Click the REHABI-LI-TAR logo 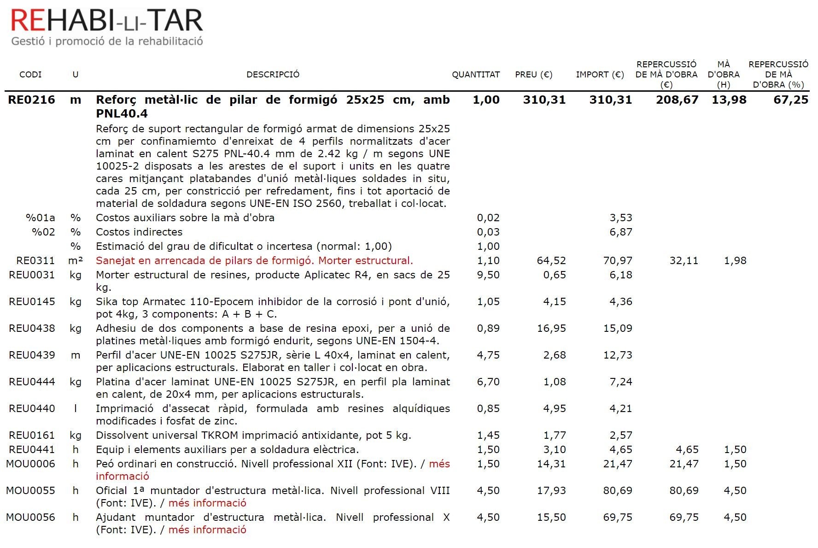(x=107, y=26)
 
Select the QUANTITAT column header (x=475, y=75)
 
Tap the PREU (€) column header (x=533, y=75)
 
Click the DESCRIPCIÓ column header (x=273, y=75)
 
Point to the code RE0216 (x=31, y=100)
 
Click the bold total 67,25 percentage (x=790, y=100)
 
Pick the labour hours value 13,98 (x=729, y=100)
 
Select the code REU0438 (x=32, y=328)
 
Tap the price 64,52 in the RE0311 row (x=551, y=260)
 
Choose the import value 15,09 (x=617, y=328)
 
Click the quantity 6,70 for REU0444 (x=488, y=382)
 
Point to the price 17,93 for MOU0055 (x=551, y=490)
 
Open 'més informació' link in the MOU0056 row (x=207, y=530)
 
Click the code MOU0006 (x=30, y=464)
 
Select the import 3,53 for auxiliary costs (x=620, y=218)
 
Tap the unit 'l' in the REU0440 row (x=76, y=408)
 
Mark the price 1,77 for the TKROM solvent (x=554, y=435)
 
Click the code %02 (x=43, y=232)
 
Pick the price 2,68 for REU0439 (x=554, y=355)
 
